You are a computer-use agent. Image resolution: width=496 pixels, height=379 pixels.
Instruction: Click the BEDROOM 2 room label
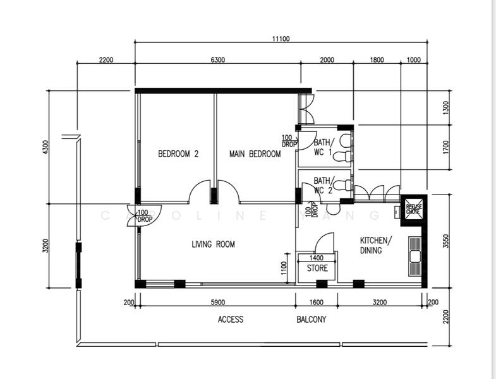(178, 153)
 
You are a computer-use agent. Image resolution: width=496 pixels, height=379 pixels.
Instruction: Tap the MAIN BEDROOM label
(255, 153)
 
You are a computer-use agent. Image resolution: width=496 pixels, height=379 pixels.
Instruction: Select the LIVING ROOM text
(213, 244)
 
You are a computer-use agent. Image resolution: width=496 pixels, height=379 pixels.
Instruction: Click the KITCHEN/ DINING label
(376, 245)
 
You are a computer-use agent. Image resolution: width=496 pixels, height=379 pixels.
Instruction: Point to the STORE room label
(317, 268)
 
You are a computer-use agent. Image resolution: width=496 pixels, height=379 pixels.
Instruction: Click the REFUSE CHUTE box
(414, 209)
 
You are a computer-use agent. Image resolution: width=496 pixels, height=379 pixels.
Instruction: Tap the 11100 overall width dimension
(281, 39)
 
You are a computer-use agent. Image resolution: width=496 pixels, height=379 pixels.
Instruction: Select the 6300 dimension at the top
(217, 60)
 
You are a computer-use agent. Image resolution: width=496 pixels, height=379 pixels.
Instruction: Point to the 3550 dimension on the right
(445, 241)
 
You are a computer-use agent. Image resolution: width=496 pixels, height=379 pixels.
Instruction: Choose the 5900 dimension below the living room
(217, 303)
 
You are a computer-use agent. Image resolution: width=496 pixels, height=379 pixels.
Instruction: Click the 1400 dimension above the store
(317, 258)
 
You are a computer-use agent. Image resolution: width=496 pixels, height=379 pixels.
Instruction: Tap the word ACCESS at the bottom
(231, 320)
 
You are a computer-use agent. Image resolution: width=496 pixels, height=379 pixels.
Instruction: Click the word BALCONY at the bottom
(312, 320)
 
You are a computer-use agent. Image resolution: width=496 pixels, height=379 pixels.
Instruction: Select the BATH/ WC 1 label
(323, 147)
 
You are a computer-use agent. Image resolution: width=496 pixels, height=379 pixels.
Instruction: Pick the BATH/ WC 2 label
(323, 184)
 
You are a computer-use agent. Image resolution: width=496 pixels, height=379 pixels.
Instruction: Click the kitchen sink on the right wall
(414, 256)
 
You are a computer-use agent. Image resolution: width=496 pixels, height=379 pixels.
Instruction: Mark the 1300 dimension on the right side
(445, 107)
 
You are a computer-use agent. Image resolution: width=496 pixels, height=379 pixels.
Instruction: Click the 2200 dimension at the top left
(106, 60)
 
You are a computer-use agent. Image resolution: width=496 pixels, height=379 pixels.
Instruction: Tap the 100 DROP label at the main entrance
(144, 216)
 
